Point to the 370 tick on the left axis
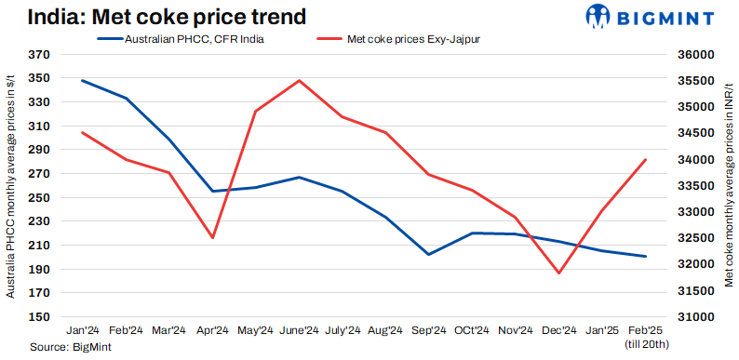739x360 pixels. pyautogui.click(x=39, y=56)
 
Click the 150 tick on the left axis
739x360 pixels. pyautogui.click(x=39, y=317)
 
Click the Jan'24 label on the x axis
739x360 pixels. pyautogui.click(x=83, y=330)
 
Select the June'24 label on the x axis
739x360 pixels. pyautogui.click(x=299, y=330)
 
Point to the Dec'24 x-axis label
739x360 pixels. pyautogui.click(x=558, y=330)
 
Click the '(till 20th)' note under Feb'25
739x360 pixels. pyautogui.click(x=645, y=343)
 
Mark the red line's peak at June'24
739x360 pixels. pyautogui.click(x=299, y=80)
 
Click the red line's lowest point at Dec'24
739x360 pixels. pyautogui.click(x=558, y=273)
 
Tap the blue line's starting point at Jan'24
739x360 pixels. pyautogui.click(x=83, y=80)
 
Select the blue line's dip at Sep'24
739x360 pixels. pyautogui.click(x=428, y=254)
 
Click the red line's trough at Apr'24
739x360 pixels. pyautogui.click(x=213, y=237)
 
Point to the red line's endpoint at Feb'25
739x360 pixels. pyautogui.click(x=645, y=160)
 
